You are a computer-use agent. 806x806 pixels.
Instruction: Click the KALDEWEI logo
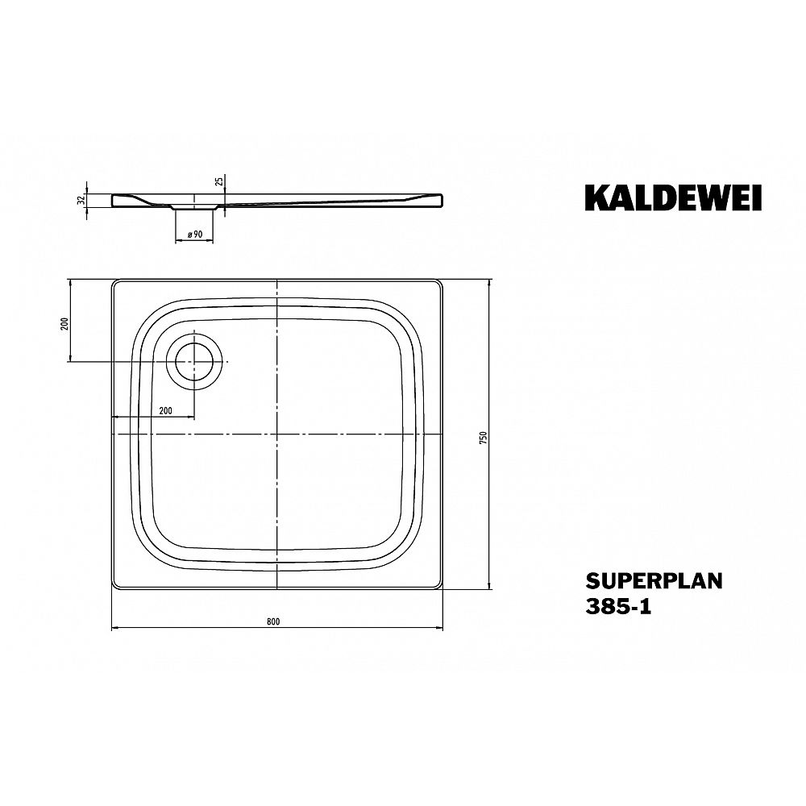tap(673, 197)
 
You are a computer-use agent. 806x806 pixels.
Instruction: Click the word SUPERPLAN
tap(654, 581)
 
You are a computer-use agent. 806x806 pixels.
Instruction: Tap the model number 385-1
tap(618, 607)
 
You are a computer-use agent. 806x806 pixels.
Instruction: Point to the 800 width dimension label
tap(273, 621)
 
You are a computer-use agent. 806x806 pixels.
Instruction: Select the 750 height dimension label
tap(482, 438)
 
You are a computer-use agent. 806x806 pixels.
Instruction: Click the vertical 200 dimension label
tap(64, 324)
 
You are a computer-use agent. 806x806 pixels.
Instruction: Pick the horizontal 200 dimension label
tap(165, 410)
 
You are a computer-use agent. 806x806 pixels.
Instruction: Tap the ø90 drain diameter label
tap(195, 235)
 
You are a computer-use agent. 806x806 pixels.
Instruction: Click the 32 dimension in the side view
tap(80, 200)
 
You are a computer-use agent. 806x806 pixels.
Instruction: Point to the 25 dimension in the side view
tap(219, 181)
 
